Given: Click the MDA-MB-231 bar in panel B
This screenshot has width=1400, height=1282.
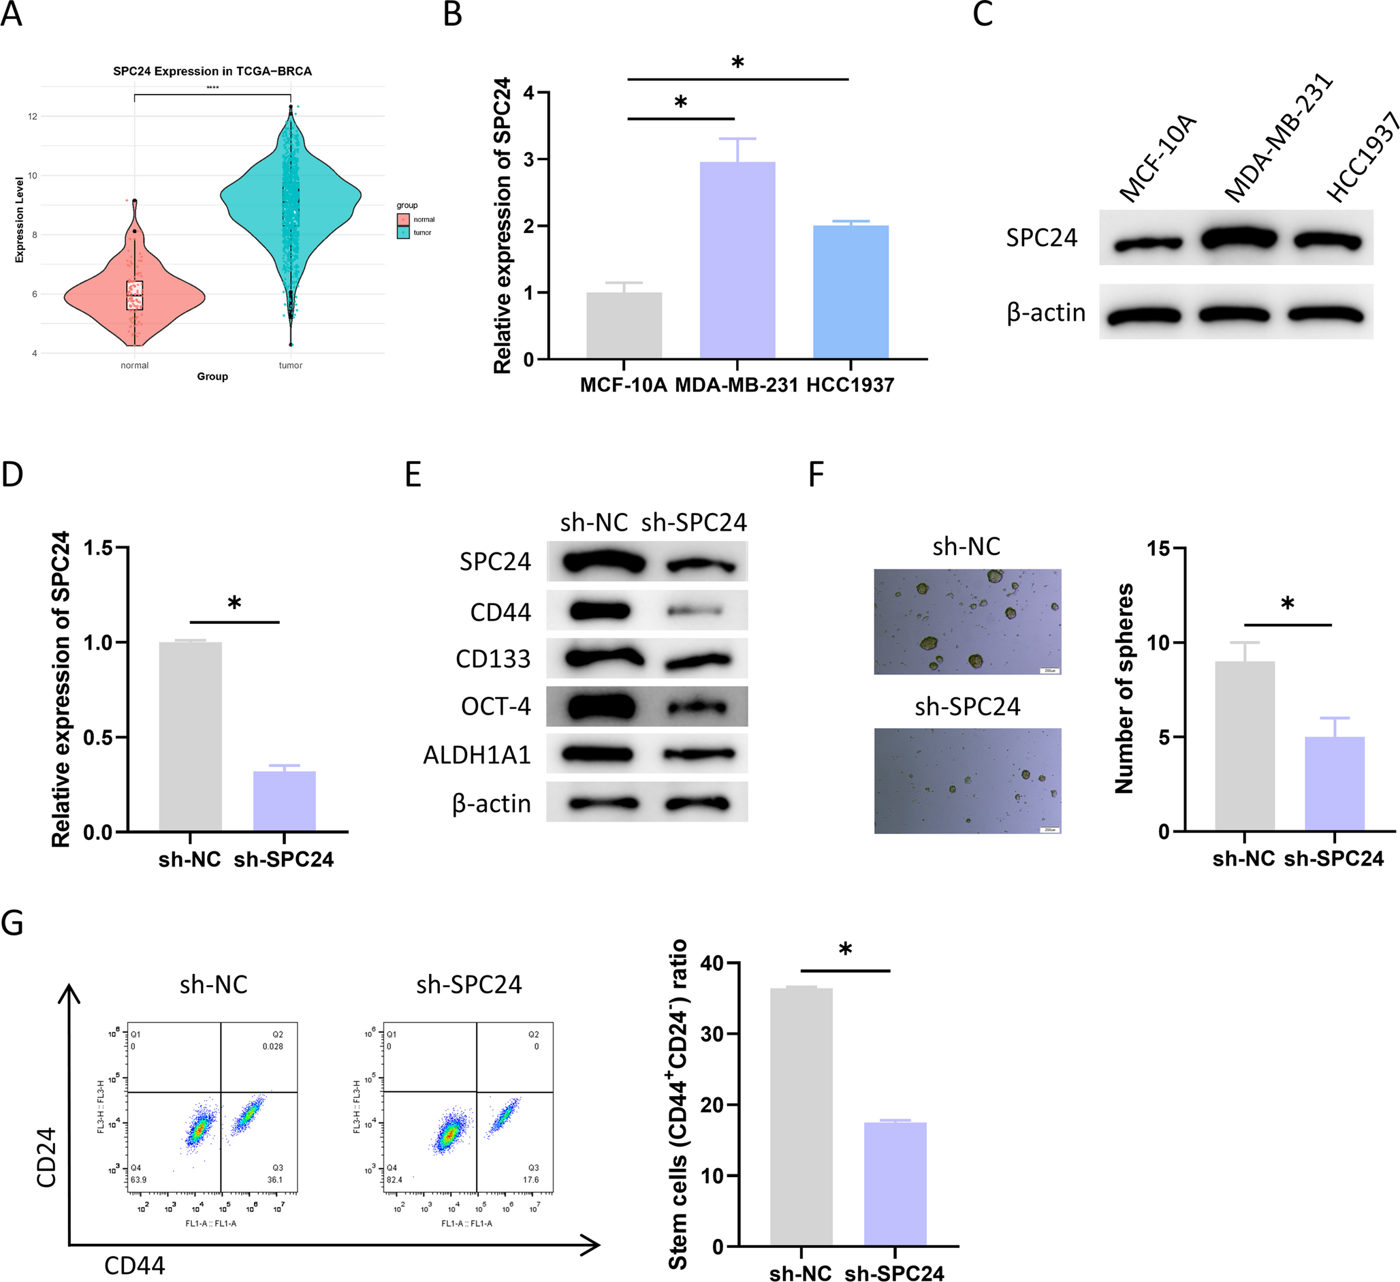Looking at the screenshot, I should pyautogui.click(x=737, y=261).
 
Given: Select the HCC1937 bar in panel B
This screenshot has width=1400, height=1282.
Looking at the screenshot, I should pyautogui.click(x=850, y=292).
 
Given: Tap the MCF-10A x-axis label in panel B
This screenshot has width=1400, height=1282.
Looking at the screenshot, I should pyautogui.click(x=623, y=385).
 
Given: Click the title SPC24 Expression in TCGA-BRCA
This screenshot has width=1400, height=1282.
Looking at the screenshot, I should pyautogui.click(x=212, y=71).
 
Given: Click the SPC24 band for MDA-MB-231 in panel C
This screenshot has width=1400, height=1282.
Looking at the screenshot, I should pyautogui.click(x=1238, y=239).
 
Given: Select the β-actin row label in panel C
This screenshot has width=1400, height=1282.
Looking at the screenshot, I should pyautogui.click(x=1046, y=313).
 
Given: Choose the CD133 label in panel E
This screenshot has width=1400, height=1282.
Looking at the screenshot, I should pyautogui.click(x=492, y=659).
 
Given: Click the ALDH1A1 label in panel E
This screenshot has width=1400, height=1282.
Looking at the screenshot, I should pyautogui.click(x=477, y=755).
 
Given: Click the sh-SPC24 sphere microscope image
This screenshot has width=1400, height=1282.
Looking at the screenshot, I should pyautogui.click(x=968, y=781).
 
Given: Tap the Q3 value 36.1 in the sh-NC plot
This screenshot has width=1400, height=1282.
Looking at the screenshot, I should pyautogui.click(x=275, y=1180).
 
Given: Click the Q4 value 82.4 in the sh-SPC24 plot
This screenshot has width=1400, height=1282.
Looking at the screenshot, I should pyautogui.click(x=394, y=1180).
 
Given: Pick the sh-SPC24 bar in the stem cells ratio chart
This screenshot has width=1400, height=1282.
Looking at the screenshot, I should pyautogui.click(x=895, y=1184).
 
